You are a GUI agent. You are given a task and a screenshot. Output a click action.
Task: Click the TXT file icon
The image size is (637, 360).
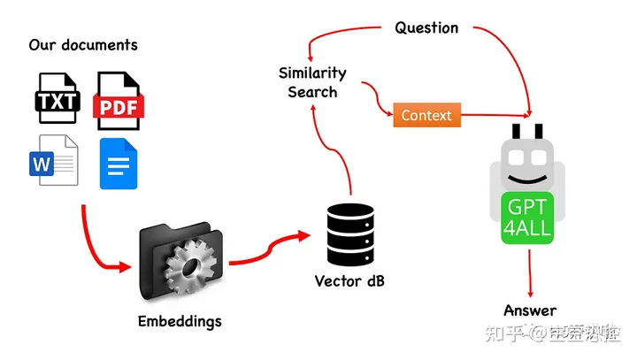(57, 99)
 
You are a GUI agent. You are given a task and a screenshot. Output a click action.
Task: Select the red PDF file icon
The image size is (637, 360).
(118, 99)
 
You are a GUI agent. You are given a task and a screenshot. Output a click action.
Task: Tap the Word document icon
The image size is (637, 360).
(54, 162)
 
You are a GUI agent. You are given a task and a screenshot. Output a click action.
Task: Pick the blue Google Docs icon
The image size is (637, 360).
(119, 163)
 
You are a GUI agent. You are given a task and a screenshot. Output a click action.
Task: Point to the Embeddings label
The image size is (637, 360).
(180, 320)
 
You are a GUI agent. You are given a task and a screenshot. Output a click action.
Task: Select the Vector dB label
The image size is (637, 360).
(349, 281)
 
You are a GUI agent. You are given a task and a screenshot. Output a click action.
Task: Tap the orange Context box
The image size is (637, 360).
(426, 116)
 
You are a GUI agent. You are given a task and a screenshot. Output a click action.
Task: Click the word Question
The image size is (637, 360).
(426, 27)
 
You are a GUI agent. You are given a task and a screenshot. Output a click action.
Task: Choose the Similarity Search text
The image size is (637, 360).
(312, 81)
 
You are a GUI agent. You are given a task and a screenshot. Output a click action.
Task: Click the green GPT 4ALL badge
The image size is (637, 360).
(528, 218)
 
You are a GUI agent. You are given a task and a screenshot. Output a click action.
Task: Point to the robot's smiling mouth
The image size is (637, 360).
(528, 180)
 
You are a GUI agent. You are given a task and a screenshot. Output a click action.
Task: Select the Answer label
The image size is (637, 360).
(530, 310)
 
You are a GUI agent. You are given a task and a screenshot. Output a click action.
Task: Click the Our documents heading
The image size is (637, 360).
(83, 44)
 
